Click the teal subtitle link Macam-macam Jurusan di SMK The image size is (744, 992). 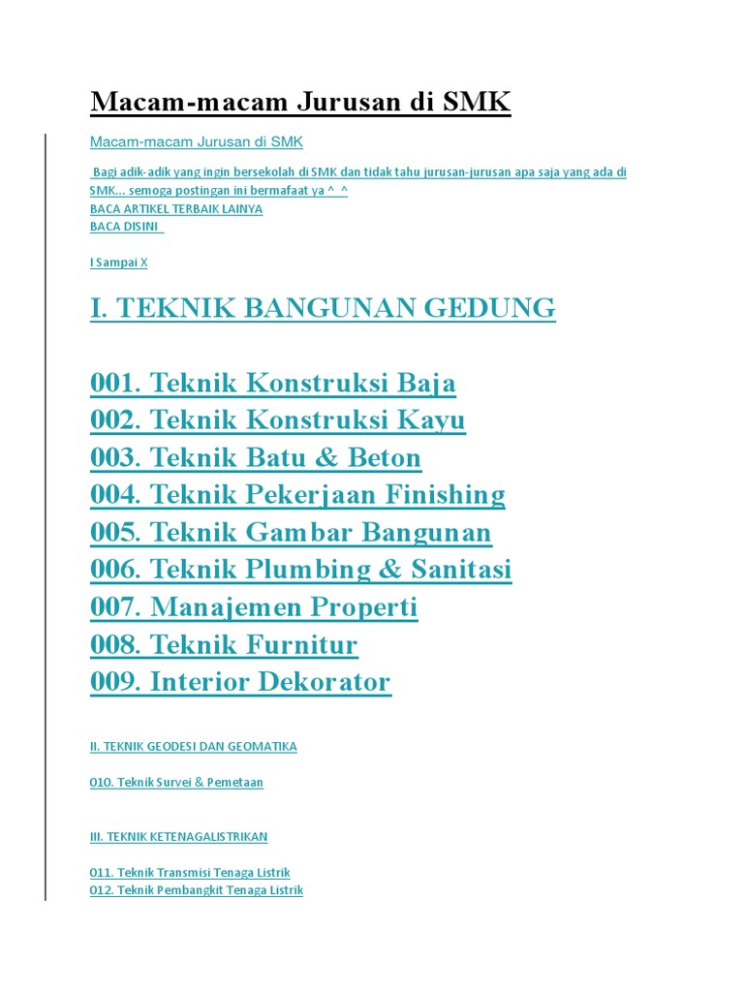pos(196,142)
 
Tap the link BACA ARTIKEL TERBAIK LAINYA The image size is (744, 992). pos(175,208)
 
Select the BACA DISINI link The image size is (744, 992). pos(125,226)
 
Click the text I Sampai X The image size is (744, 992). pos(118,262)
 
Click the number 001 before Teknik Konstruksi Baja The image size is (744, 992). pos(114,383)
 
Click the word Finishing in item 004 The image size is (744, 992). pos(446,495)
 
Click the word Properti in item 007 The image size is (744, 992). pos(364,607)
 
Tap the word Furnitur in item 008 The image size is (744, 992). pos(302,644)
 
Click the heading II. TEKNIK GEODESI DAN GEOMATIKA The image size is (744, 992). pos(193,747)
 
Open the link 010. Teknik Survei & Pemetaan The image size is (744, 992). pos(176,782)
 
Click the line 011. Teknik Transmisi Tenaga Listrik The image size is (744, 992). pos(189,873)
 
